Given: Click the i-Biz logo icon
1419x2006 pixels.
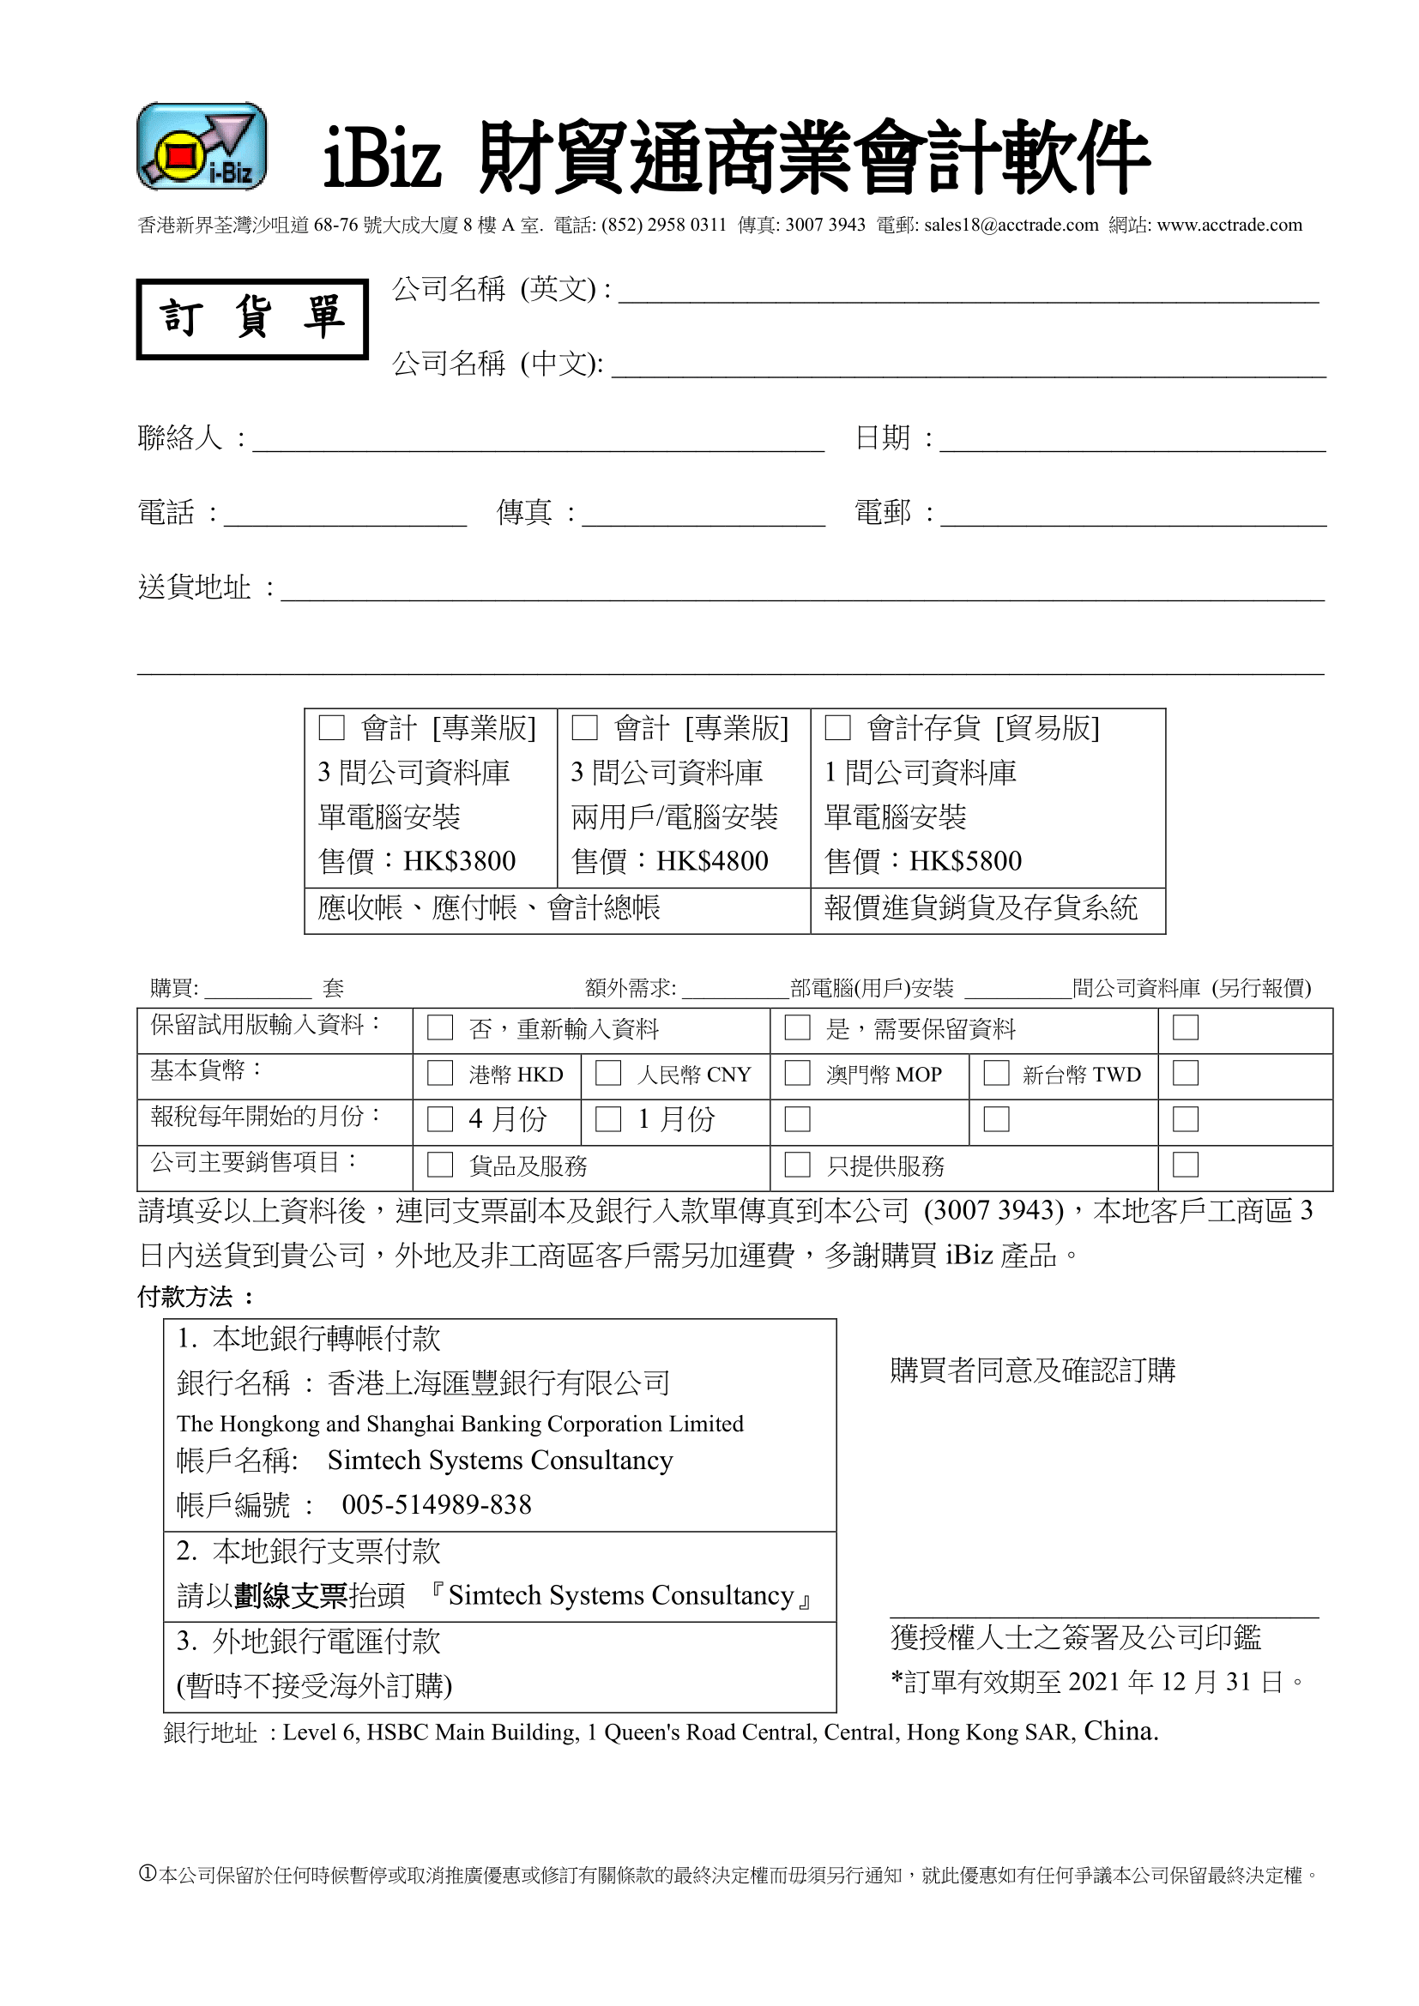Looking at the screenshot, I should tap(202, 147).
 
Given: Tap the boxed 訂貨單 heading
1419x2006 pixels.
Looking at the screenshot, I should tap(251, 319).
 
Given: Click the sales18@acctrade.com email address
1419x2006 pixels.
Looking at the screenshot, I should tap(1011, 226).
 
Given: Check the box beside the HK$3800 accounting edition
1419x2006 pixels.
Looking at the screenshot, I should tap(331, 728).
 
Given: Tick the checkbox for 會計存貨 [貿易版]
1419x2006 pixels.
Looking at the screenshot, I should tap(838, 728).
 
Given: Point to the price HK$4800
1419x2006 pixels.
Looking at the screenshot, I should tap(712, 861).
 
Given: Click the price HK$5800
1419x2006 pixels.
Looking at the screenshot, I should tap(965, 861).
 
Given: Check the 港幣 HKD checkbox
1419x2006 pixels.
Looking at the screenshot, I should tap(439, 1074).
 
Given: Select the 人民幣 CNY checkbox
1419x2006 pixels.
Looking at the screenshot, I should tap(608, 1074).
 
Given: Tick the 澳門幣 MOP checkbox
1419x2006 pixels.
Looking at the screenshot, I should tap(797, 1074).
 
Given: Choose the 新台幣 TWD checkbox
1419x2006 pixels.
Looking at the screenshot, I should tap(996, 1074).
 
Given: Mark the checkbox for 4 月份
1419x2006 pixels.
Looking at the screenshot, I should tap(439, 1119).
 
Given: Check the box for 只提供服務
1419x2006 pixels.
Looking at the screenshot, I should tap(797, 1165).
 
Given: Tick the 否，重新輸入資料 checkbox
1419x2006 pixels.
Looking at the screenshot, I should tap(439, 1027).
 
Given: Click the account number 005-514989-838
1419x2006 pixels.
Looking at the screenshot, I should tap(436, 1504).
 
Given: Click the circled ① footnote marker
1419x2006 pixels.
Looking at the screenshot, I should tap(147, 1874).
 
